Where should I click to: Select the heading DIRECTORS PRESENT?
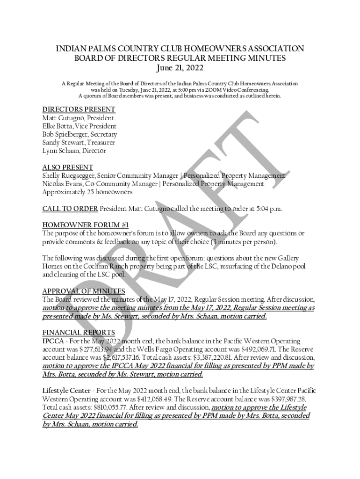pyautogui.click(x=79, y=109)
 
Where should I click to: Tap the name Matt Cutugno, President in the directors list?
pyautogui.click(x=78, y=118)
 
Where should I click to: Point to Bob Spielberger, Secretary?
pyautogui.click(x=79, y=134)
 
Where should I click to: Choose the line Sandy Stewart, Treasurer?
pyautogui.click(x=78, y=143)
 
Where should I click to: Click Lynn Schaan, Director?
pyautogui.click(x=74, y=151)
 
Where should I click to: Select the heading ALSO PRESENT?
pyautogui.click(x=67, y=167)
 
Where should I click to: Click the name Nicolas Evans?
pyautogui.click(x=63, y=184)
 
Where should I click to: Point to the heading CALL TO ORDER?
pyautogui.click(x=70, y=209)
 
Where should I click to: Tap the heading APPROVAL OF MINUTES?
pyautogui.click(x=84, y=291)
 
